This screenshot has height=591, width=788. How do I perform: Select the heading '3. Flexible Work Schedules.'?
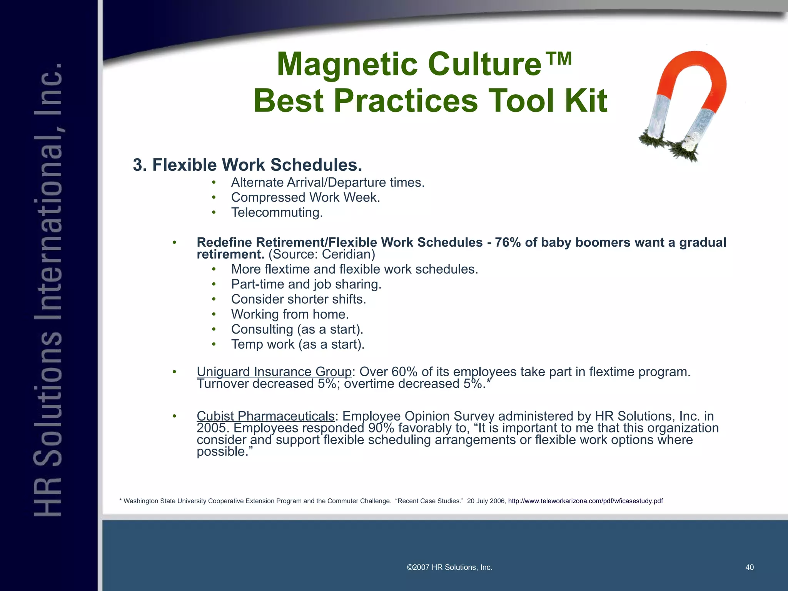tap(247, 165)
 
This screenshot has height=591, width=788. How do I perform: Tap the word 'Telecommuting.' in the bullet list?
tap(277, 212)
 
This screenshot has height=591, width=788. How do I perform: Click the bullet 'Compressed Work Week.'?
tap(306, 197)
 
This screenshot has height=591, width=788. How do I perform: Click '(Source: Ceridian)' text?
tap(322, 254)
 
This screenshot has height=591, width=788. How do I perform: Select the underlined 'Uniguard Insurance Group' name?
tap(274, 372)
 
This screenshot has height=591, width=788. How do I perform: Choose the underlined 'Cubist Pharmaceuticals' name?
tap(265, 416)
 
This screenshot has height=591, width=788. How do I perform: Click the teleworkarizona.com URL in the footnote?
tap(585, 501)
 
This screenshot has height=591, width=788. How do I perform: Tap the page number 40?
tap(750, 567)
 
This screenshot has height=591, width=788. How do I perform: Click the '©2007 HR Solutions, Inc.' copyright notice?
tap(449, 567)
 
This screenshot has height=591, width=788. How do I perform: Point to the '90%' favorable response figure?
tap(381, 428)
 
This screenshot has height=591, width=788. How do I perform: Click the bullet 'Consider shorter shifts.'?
tap(299, 299)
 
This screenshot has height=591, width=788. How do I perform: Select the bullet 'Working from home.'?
tap(290, 314)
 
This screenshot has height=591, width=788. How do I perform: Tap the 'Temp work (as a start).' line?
tap(297, 344)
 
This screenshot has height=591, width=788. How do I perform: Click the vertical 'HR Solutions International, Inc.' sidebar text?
tap(48, 289)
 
